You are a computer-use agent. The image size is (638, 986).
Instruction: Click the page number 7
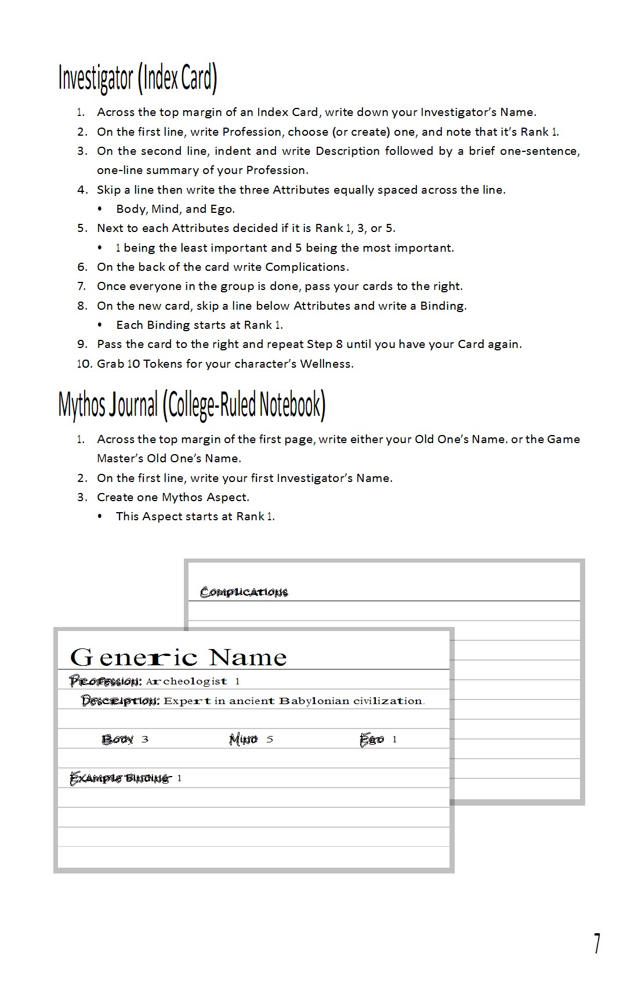coord(597,943)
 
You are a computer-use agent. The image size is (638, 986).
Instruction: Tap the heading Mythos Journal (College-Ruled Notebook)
coord(192,404)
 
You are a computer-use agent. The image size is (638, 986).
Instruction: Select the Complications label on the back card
coord(244,592)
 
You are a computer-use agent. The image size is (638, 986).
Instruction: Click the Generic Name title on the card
coord(179,658)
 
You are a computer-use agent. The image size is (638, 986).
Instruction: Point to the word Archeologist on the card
coord(186,681)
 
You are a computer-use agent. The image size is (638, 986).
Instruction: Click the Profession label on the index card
coord(105,681)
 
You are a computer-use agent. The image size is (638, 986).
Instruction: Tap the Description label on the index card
coord(120,701)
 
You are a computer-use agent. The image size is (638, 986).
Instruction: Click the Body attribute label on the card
coord(117,739)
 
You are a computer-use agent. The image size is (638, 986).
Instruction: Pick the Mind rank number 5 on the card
coord(270,739)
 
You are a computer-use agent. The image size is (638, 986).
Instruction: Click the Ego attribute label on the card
coord(371,739)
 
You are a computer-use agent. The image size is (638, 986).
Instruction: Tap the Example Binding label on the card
coord(120,778)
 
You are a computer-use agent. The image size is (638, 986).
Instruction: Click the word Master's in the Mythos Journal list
coord(119,458)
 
